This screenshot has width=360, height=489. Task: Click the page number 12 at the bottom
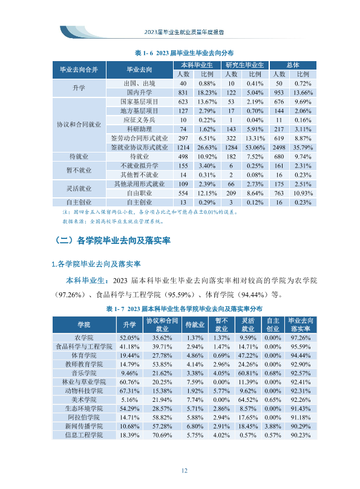[184, 471]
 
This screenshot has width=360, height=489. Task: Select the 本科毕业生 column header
[197, 65]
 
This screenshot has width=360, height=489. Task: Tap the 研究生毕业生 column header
[244, 65]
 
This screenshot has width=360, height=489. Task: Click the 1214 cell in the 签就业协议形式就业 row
[183, 148]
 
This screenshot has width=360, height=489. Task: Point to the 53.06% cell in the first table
[255, 148]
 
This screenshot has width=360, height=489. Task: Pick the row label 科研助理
[139, 129]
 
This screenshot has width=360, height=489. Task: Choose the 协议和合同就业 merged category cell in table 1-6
[79, 125]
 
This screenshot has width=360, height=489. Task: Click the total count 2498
[279, 148]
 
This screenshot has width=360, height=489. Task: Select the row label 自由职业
[139, 193]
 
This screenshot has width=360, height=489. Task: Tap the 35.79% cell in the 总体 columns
[303, 148]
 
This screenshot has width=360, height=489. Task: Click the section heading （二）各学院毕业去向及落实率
[113, 240]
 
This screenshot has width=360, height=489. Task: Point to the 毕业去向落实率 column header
[301, 324]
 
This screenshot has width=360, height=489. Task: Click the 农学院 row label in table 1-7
[84, 338]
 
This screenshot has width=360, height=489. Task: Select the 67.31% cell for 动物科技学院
[129, 391]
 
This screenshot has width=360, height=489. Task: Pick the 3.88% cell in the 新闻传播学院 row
[273, 426]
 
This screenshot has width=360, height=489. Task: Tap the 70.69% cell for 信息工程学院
[162, 435]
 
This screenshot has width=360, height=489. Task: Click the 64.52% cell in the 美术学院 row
[248, 400]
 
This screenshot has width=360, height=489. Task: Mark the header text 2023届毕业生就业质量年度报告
[184, 32]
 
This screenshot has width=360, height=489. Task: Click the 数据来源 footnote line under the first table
[113, 222]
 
